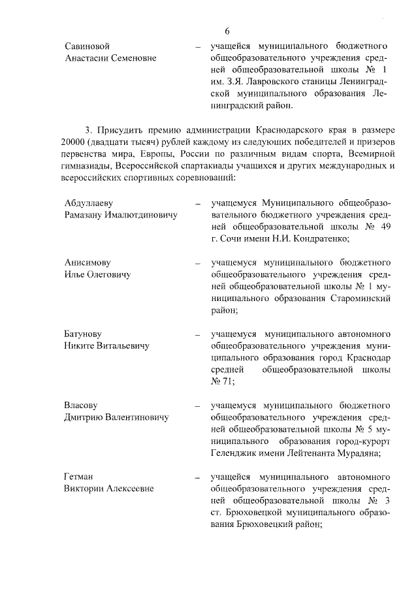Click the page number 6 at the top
tap(227, 31)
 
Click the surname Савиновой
tap(88, 46)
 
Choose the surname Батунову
tap(84, 334)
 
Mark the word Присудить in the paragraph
tap(122, 129)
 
